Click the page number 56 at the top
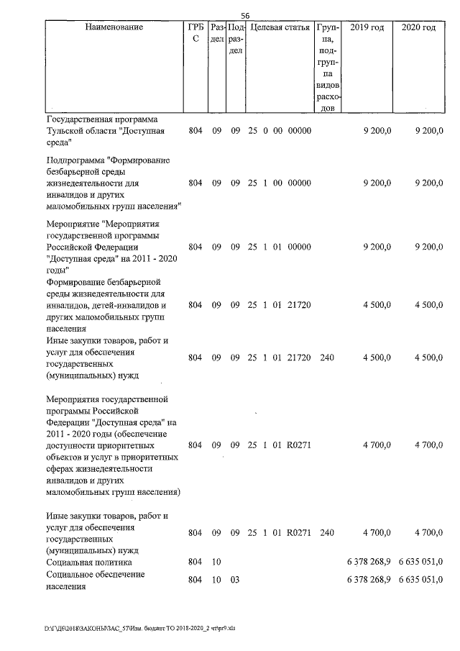245,16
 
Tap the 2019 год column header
367,27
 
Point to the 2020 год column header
418,27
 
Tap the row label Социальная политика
88,561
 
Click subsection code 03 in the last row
234,580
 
